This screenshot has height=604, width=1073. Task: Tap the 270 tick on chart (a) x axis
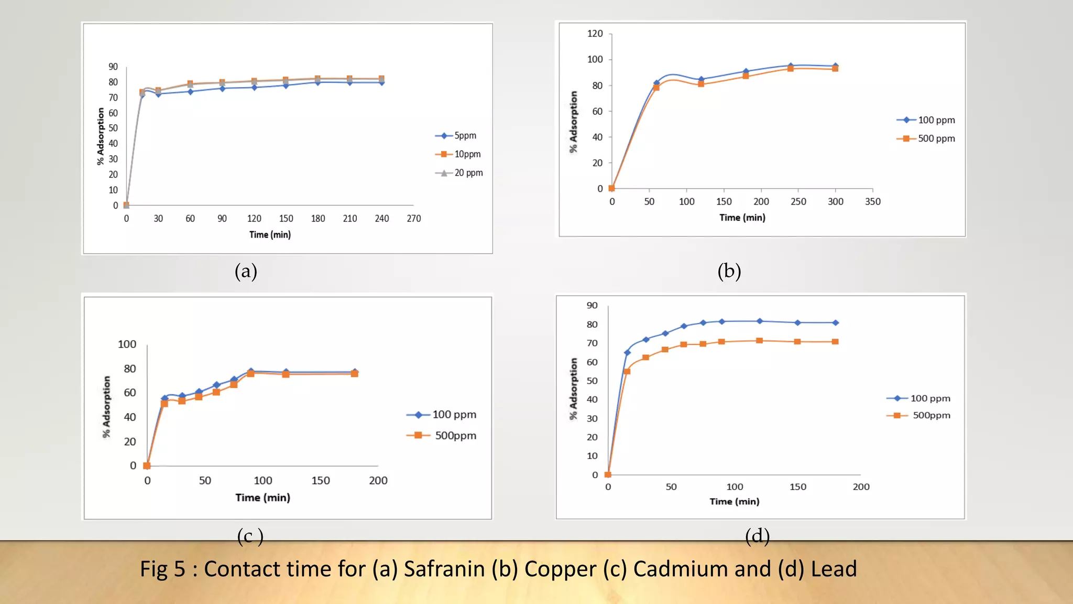[413, 219]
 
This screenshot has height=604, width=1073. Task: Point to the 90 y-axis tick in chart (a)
[113, 67]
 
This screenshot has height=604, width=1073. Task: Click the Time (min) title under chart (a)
[270, 235]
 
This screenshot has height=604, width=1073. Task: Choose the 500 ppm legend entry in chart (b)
[927, 138]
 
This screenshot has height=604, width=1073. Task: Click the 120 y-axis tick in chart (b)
[595, 34]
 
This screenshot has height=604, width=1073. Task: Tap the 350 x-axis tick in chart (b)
[872, 202]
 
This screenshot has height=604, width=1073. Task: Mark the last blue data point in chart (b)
[835, 66]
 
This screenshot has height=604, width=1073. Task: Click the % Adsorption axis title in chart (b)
[574, 122]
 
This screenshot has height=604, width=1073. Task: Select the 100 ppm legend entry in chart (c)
[442, 415]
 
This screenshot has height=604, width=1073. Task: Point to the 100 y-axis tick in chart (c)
[127, 344]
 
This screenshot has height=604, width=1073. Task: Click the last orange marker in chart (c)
[355, 373]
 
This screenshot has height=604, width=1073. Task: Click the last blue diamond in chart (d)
[835, 323]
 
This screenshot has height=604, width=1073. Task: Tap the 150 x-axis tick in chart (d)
[797, 487]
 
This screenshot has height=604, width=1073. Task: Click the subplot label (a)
[246, 271]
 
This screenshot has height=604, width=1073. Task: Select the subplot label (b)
[729, 271]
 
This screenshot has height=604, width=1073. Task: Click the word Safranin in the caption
[444, 569]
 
